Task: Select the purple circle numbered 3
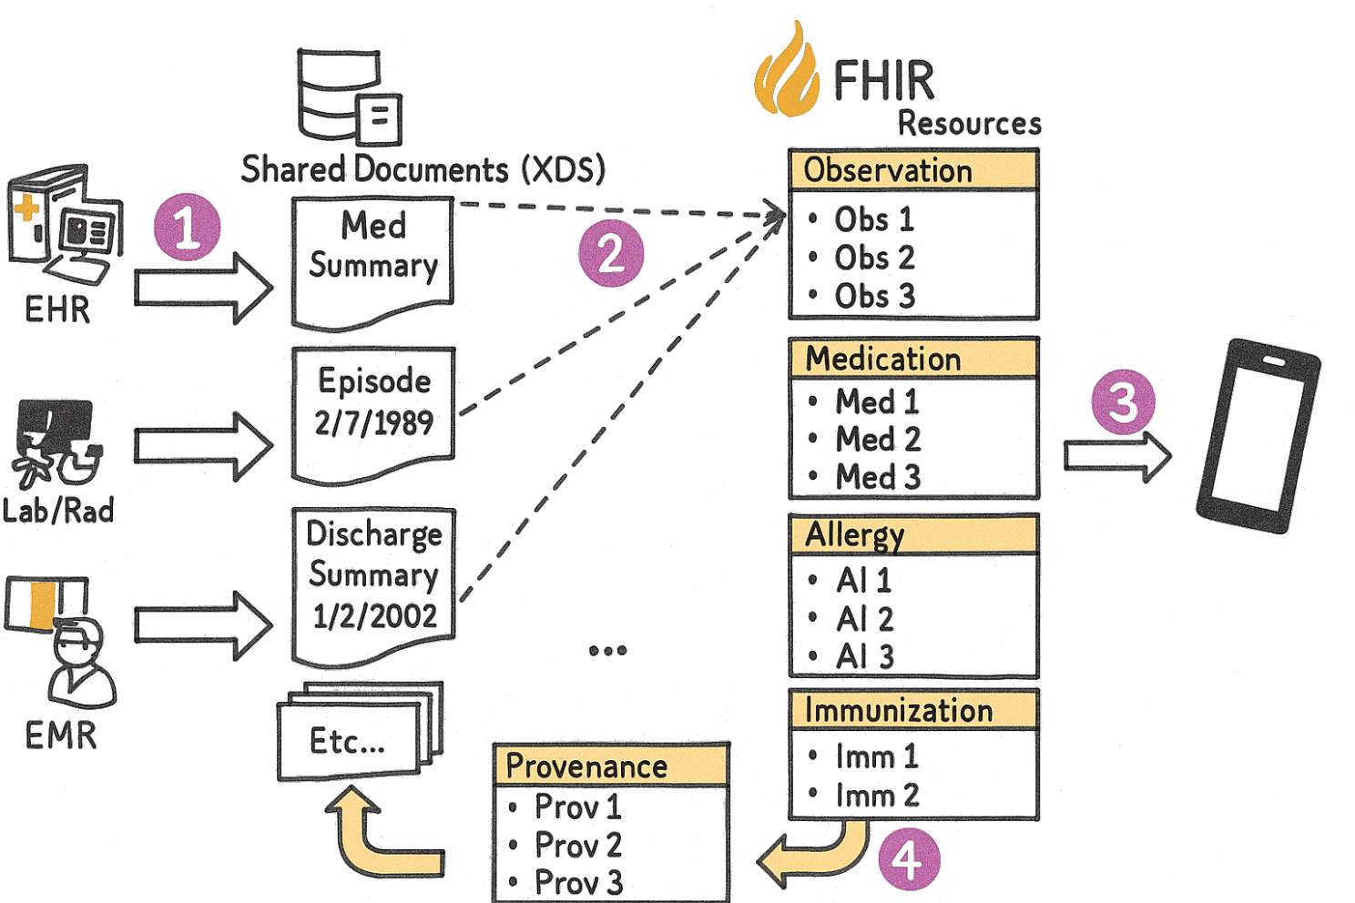[1122, 401]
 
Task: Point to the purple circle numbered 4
[908, 858]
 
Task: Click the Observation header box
[912, 171]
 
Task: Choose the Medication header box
[912, 359]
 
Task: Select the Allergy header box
[912, 534]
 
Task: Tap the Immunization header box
[912, 710]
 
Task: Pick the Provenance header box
[610, 766]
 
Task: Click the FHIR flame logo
[786, 73]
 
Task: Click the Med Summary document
[372, 259]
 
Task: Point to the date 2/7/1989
[373, 423]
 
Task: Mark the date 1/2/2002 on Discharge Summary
[374, 616]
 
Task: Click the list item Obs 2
[872, 259]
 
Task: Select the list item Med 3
[877, 476]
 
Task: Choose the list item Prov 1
[576, 807]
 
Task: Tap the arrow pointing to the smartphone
[1117, 455]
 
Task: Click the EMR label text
[60, 735]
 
